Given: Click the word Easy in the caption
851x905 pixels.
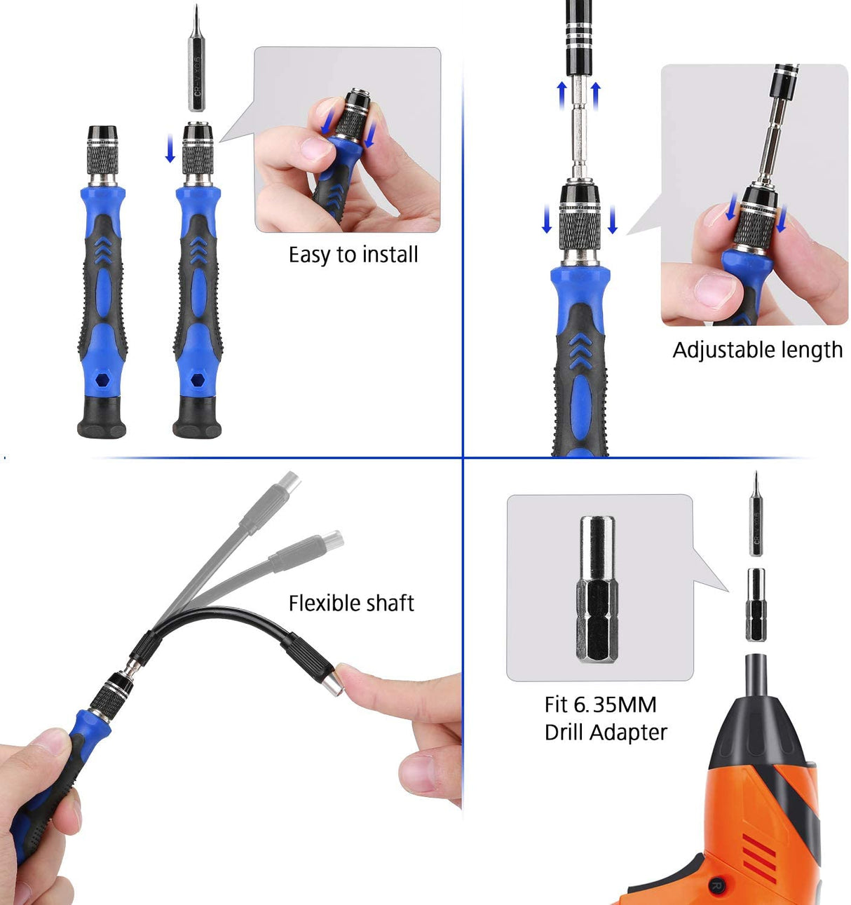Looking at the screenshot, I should [310, 255].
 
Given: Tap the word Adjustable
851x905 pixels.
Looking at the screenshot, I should [723, 350].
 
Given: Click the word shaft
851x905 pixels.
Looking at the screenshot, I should [390, 603].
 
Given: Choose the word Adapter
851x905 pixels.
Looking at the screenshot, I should [628, 733].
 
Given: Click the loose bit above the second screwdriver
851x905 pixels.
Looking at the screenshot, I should [196, 63].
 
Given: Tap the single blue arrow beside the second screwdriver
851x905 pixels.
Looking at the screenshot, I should [170, 149].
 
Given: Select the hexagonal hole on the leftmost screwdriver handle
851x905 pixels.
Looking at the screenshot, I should [102, 380].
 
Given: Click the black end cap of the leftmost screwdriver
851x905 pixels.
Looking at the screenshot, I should [102, 419].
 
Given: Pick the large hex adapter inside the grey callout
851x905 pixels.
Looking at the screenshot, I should [597, 589].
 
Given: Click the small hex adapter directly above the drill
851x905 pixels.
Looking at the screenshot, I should [756, 604].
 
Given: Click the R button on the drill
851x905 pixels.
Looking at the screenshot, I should [716, 885].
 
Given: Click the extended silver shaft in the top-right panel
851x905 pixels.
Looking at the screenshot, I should [579, 126].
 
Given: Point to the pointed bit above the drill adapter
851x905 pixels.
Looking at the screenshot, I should [756, 515].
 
